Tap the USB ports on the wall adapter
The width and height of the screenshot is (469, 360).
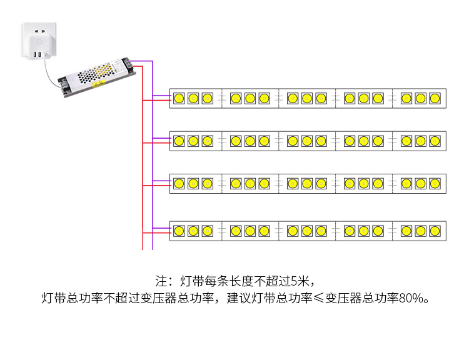[x=38, y=54]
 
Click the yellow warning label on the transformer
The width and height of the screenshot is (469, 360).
[x=98, y=83]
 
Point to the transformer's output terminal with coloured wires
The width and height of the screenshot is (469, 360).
[x=127, y=63]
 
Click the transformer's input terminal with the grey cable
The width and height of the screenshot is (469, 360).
[x=63, y=84]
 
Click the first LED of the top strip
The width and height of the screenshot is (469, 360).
[x=179, y=98]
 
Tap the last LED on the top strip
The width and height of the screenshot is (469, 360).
[x=435, y=98]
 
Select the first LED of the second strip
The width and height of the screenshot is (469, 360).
[x=179, y=141]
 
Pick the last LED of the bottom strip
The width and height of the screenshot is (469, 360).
[x=435, y=231]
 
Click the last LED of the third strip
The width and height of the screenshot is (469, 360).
[x=435, y=184]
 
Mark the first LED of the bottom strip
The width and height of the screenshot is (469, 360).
[x=179, y=231]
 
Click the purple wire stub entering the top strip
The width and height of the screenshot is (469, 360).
[x=162, y=96]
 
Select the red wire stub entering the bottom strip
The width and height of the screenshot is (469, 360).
[x=157, y=232]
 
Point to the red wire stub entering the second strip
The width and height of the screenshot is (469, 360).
[x=157, y=143]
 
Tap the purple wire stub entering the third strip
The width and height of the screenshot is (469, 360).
[x=162, y=181]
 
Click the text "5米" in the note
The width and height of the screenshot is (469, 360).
[x=300, y=281]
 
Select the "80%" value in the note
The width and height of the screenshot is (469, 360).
[x=411, y=298]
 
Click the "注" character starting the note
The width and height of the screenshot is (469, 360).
[x=161, y=281]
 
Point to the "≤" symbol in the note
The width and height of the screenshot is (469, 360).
[x=319, y=298]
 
